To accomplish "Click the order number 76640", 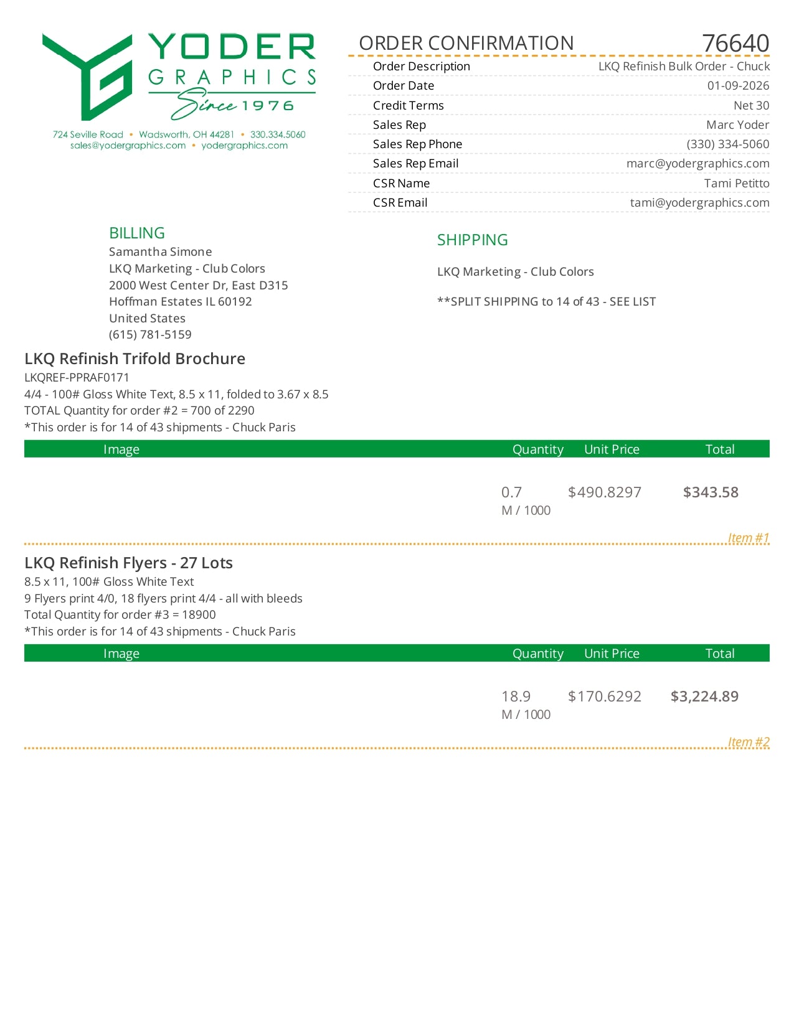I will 735,44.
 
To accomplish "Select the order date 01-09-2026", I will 738,86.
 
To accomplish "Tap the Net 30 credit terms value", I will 751,105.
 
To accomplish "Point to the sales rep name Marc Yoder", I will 737,124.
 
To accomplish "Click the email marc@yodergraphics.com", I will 697,163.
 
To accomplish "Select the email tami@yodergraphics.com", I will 699,202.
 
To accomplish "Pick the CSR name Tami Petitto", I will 736,183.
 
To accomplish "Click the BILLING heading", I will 137,233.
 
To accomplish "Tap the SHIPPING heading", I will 472,240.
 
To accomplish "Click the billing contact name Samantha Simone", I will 160,251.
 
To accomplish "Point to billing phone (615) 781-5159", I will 150,334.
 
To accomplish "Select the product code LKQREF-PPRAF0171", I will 77,377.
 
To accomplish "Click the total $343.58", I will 711,492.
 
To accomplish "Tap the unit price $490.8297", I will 604,492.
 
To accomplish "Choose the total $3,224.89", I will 704,696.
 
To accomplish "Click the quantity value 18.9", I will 516,696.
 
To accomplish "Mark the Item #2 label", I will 749,741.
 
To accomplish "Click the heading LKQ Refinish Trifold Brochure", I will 135,359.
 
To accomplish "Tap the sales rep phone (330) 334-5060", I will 727,144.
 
